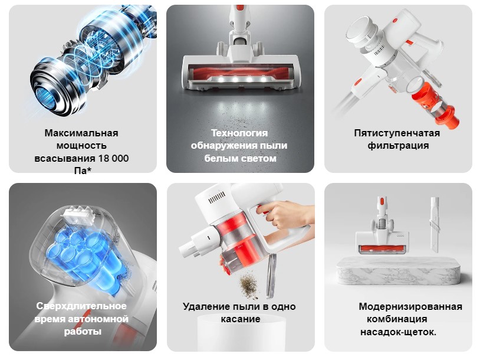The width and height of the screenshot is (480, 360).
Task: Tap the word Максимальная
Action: (81, 133)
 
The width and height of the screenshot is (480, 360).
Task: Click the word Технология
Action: (239, 133)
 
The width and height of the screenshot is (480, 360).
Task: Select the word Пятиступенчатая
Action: (397, 133)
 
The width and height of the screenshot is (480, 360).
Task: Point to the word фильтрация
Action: (397, 146)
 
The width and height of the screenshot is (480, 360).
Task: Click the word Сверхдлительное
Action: (81, 306)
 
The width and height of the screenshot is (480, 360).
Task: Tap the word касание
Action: (239, 319)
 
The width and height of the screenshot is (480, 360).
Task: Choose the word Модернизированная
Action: (410, 306)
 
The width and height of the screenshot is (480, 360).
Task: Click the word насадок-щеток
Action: (397, 332)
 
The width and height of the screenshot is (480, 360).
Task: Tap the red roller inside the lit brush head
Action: (239, 75)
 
